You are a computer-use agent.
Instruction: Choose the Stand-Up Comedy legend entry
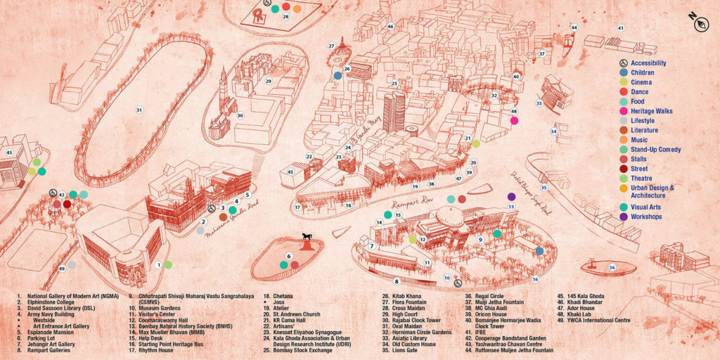click(x=655, y=150)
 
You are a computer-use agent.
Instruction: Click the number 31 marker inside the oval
click(x=139, y=110)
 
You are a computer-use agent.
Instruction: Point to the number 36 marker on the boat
click(x=612, y=267)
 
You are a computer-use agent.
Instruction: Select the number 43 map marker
click(x=9, y=152)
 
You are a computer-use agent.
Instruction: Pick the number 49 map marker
click(x=62, y=269)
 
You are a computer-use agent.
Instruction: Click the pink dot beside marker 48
click(x=515, y=121)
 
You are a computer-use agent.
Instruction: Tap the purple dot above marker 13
click(x=511, y=196)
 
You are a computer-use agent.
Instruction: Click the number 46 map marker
click(x=390, y=27)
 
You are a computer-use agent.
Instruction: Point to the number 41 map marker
click(x=620, y=28)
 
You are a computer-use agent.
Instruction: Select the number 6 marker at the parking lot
click(x=288, y=256)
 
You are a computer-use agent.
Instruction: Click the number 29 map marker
click(x=268, y=81)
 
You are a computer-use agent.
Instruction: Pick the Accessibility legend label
click(x=648, y=63)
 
